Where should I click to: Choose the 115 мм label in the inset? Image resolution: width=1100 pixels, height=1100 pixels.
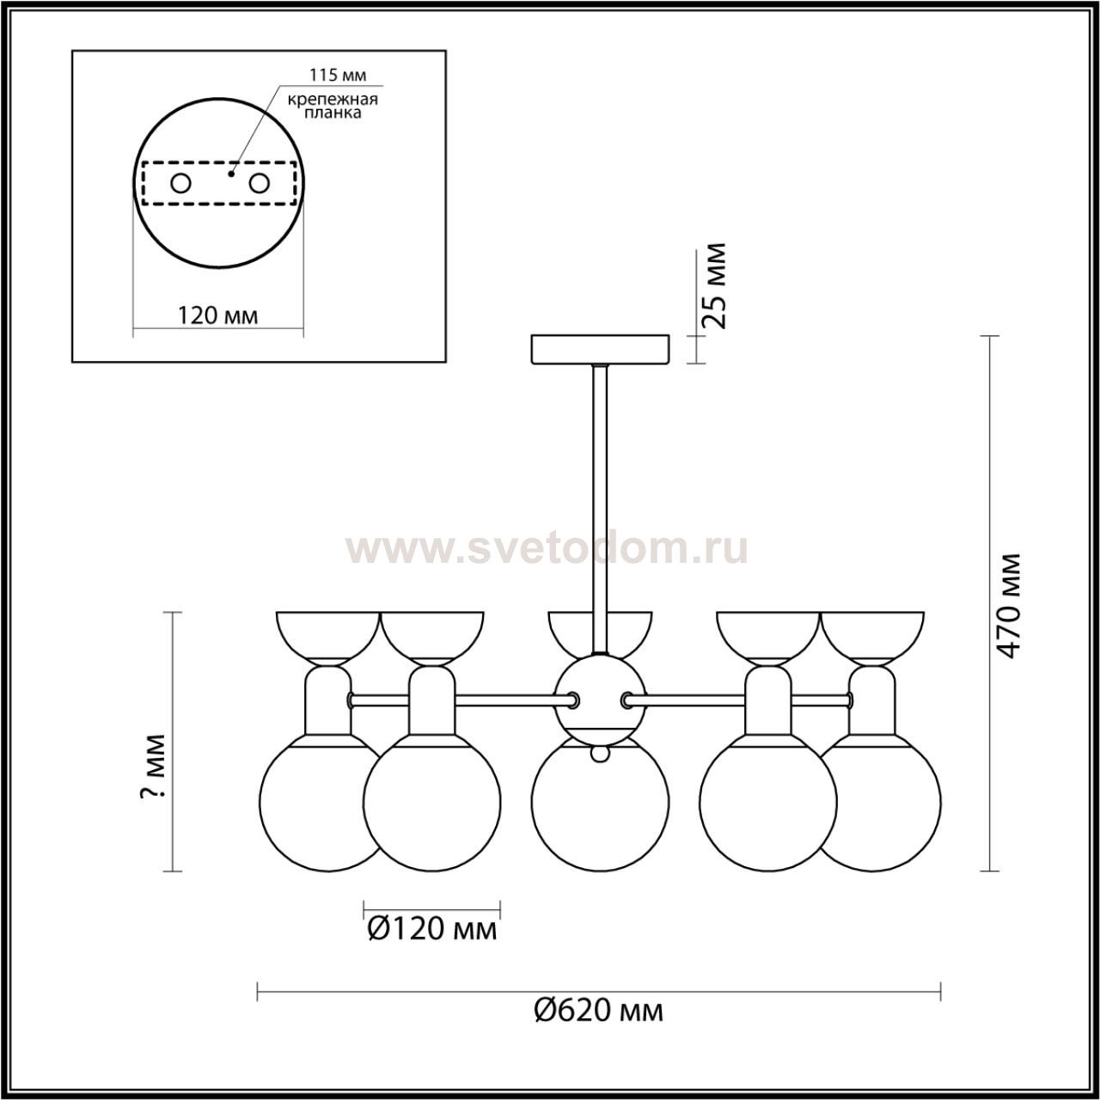click(338, 75)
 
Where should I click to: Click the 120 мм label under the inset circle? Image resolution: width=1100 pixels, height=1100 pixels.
click(217, 315)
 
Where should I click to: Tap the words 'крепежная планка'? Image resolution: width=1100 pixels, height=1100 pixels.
click(333, 107)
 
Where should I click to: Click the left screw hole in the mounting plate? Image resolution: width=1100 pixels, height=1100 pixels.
click(181, 184)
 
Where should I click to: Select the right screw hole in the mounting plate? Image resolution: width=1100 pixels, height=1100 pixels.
click(260, 184)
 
